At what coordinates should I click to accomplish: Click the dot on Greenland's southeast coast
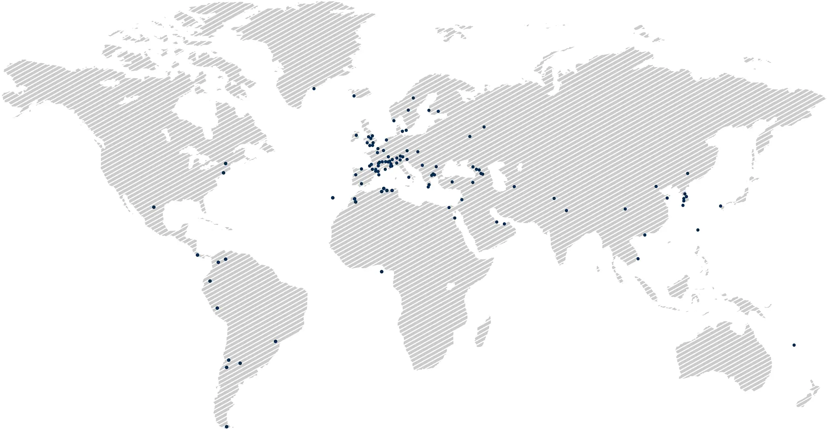(x=314, y=88)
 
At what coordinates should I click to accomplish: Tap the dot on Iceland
(x=354, y=96)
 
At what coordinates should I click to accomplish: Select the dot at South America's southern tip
(x=227, y=427)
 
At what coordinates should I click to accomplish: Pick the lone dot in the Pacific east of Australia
(x=794, y=345)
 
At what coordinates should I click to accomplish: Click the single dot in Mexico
(x=154, y=207)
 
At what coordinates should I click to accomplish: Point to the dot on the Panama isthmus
(x=197, y=255)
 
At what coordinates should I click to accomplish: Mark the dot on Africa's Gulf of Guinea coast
(x=381, y=272)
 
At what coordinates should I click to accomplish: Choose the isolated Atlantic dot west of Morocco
(x=332, y=198)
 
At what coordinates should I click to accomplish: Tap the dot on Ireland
(x=356, y=135)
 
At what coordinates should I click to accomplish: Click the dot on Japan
(x=720, y=205)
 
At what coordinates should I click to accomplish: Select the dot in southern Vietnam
(x=638, y=259)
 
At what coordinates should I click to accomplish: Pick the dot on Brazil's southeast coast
(x=275, y=341)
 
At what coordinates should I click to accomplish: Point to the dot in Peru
(x=217, y=308)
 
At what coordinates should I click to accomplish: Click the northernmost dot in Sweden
(x=413, y=98)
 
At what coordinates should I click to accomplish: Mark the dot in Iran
(x=514, y=186)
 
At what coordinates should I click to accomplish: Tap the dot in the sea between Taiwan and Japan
(x=698, y=230)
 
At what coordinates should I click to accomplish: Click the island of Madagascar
(x=483, y=331)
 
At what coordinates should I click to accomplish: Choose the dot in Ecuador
(x=210, y=281)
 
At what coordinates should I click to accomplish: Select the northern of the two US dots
(x=225, y=163)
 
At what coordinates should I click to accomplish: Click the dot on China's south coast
(x=645, y=235)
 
